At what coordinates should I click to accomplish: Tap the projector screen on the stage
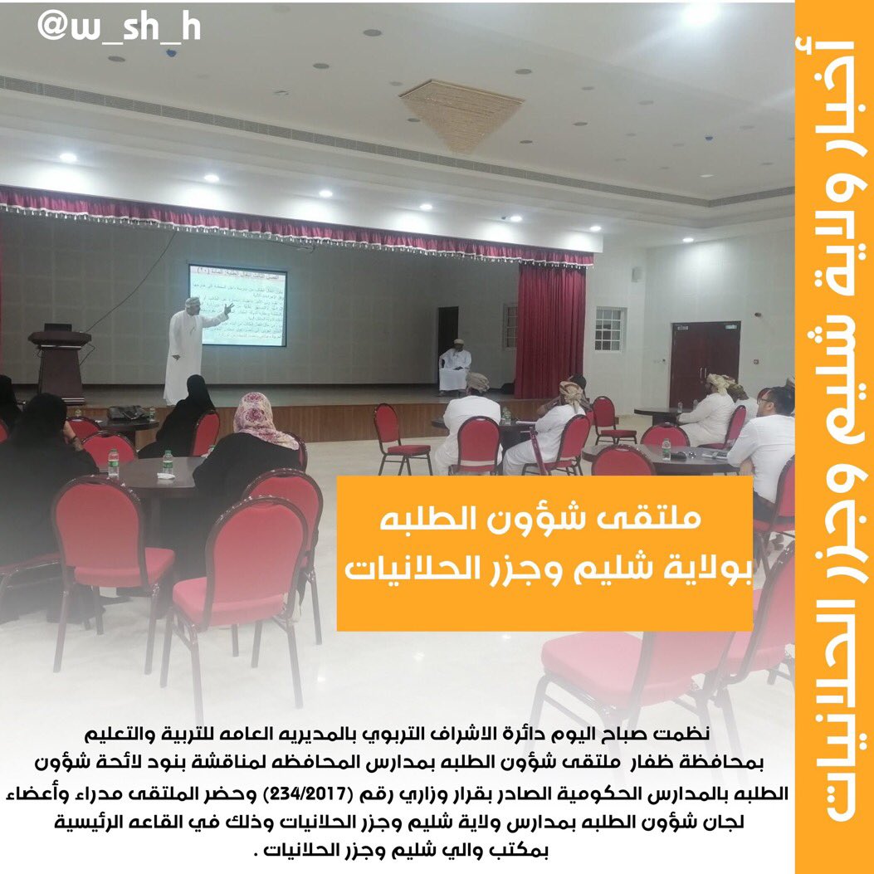pos(237,305)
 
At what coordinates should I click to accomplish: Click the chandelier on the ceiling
pos(461,111)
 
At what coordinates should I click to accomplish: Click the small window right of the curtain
pos(609,328)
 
